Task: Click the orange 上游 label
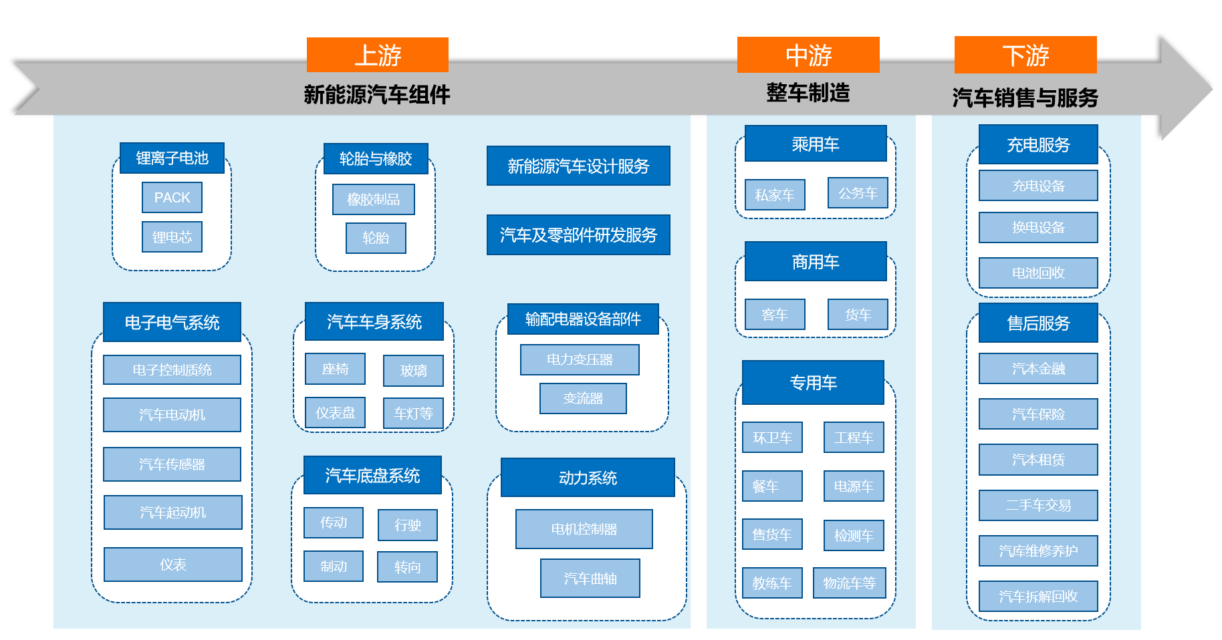(377, 55)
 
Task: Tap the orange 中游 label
(808, 55)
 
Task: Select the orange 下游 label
(1025, 55)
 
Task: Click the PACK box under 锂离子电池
(172, 198)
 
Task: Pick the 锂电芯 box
(172, 237)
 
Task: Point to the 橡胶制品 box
(373, 200)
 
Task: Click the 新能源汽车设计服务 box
(578, 166)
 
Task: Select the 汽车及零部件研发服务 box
(578, 234)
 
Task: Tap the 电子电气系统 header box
(172, 322)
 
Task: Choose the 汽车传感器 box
(172, 464)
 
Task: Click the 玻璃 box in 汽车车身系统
(413, 371)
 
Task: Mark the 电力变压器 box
(580, 359)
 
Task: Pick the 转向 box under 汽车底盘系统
(407, 567)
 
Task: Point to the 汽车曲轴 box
(590, 579)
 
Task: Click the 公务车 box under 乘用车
(858, 193)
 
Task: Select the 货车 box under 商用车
(858, 315)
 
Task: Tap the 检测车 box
(854, 535)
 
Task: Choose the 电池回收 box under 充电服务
(1038, 273)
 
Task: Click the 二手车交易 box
(1038, 505)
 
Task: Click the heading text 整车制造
(808, 92)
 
